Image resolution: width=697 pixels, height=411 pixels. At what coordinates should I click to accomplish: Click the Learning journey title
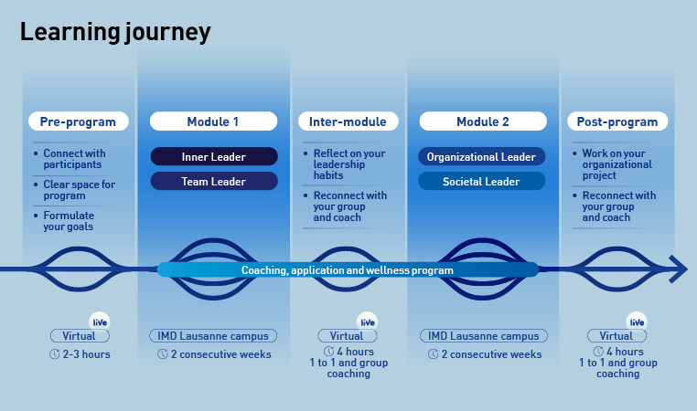click(115, 33)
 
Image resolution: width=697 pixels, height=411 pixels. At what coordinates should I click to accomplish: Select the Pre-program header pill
click(78, 121)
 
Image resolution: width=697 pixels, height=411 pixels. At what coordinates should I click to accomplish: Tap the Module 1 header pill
click(213, 121)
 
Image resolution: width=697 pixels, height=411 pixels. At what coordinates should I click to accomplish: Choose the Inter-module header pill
click(348, 121)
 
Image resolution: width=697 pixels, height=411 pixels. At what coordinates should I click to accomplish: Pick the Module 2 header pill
click(482, 121)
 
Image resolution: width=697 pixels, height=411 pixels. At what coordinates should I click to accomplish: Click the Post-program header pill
click(617, 121)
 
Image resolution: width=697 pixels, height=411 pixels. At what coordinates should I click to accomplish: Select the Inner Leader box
click(213, 157)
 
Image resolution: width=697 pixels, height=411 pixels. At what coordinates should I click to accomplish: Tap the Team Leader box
click(213, 182)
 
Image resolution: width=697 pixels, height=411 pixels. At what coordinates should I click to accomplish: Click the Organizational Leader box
click(481, 157)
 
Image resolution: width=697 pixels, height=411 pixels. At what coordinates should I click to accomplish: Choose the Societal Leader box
click(481, 182)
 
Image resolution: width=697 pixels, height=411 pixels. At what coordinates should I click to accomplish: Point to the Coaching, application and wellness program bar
click(348, 270)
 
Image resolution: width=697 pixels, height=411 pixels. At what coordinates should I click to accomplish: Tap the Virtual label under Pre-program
click(79, 336)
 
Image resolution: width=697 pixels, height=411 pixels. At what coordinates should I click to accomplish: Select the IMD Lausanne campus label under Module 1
click(213, 336)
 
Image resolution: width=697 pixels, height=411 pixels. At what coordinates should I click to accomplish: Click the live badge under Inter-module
click(368, 321)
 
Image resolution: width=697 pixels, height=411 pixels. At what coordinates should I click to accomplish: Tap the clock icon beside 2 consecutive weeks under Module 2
click(431, 354)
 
